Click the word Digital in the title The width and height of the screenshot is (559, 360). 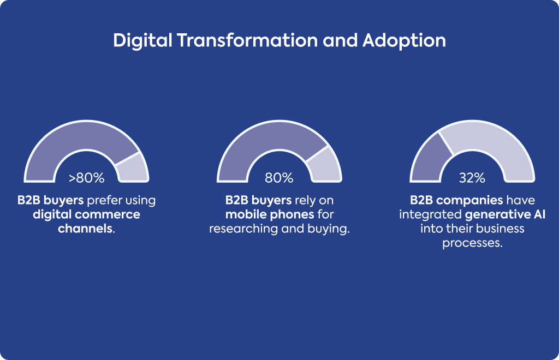(142, 40)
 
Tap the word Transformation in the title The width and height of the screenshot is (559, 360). (247, 40)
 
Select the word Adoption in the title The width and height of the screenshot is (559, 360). (405, 40)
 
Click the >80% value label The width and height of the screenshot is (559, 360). (87, 178)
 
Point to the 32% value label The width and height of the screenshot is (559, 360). (472, 178)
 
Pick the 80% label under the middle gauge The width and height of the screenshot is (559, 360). (279, 178)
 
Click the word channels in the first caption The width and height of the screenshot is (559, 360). (85, 228)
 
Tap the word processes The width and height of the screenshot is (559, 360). (472, 243)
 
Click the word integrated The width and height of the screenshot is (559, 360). (430, 215)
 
